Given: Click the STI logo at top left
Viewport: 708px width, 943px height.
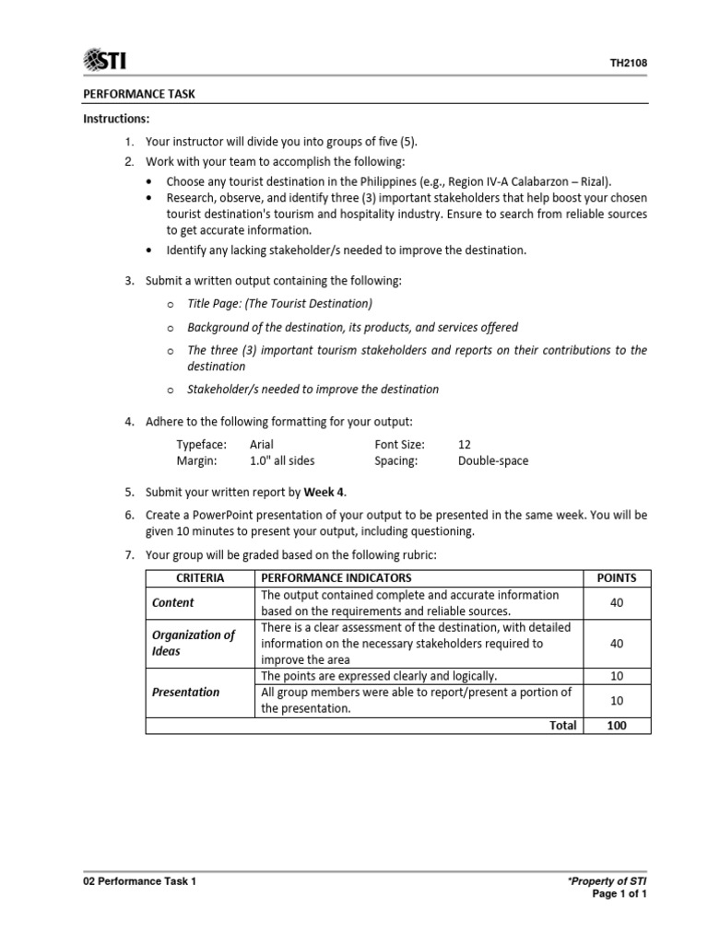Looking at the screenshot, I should pos(105,61).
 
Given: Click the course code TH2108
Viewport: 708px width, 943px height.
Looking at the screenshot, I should pos(629,64).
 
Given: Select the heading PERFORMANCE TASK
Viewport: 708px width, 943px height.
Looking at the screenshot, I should pos(139,94).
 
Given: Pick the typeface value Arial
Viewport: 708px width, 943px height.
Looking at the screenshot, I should pos(262,444).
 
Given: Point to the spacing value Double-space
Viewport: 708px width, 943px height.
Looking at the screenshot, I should pos(493,460).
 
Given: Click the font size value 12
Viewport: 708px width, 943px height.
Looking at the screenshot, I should pos(465,444).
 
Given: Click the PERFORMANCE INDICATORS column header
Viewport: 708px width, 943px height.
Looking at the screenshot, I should pos(336,577).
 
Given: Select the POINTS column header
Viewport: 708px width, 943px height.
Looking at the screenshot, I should pos(617,577).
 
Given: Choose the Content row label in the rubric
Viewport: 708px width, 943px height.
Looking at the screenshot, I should pos(173,602).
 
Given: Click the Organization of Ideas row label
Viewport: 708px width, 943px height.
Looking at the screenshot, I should pos(194,643).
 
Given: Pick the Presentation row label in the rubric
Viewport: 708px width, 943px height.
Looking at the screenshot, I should pos(186,692).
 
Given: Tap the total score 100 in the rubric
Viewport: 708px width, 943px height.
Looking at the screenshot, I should pos(617,725).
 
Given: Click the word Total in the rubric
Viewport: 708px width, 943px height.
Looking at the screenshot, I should pos(562,725).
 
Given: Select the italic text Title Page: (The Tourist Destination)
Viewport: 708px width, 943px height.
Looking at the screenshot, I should pos(280,303).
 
